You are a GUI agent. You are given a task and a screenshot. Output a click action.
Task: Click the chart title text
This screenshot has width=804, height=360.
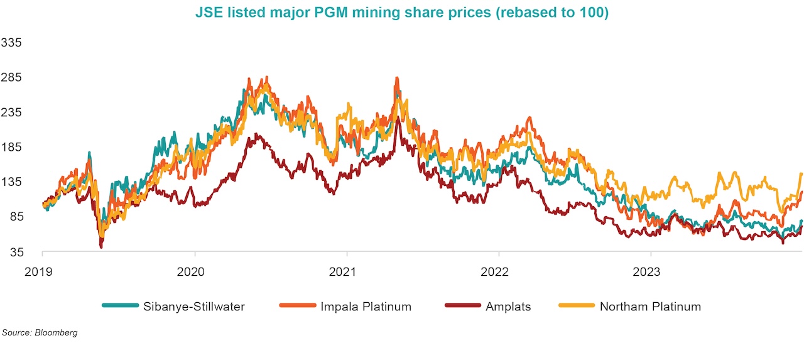click(402, 13)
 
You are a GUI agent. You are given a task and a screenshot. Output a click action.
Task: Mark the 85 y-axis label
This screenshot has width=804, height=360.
click(14, 217)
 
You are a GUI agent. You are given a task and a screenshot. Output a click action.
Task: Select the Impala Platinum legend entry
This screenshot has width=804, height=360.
click(366, 307)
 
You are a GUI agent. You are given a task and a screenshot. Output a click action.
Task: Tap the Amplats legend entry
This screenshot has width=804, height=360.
click(508, 307)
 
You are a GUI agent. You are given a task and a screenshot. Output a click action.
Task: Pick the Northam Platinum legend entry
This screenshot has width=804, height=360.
click(650, 307)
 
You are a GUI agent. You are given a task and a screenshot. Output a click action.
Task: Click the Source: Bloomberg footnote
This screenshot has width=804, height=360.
click(40, 332)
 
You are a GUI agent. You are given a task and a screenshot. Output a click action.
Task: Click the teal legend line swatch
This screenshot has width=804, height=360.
click(119, 307)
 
